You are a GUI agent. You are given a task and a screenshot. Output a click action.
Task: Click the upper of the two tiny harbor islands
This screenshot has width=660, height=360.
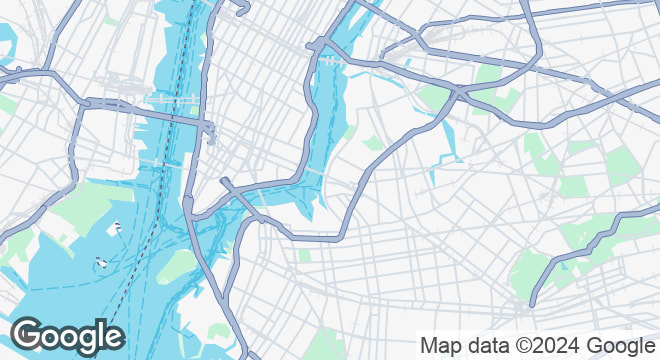(x=118, y=226)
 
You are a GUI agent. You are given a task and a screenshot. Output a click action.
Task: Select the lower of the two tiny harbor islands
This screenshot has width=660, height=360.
(x=101, y=263)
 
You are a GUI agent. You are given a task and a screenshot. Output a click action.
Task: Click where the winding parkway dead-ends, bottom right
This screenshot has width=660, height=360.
(x=533, y=303)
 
